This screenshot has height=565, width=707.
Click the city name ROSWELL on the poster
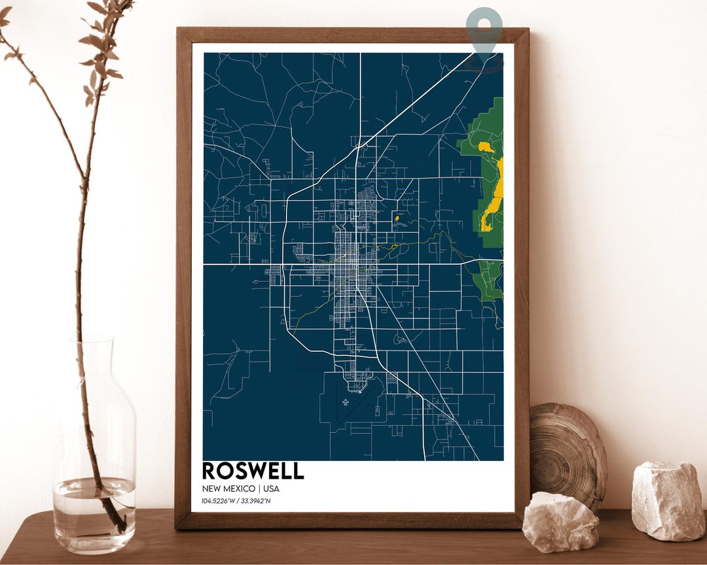[x=253, y=471]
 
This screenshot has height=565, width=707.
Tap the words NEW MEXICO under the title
[x=228, y=488]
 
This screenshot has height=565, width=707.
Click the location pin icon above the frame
[x=485, y=35]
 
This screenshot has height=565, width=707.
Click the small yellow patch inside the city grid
[x=397, y=218]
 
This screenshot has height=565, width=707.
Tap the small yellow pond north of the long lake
[x=485, y=147]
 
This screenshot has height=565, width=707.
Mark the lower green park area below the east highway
[x=488, y=279]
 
